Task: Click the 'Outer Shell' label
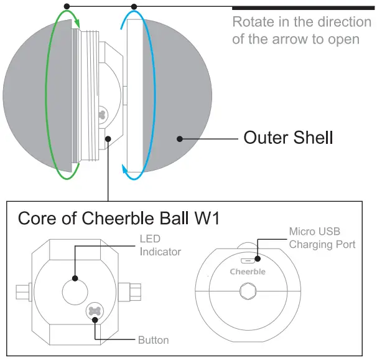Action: click(x=288, y=137)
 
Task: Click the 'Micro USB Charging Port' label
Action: click(x=322, y=238)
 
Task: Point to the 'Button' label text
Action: click(x=153, y=340)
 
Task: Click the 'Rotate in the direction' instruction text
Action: click(x=302, y=22)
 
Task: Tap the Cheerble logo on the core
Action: click(x=248, y=272)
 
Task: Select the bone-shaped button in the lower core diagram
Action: click(x=95, y=311)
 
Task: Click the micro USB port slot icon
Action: click(x=247, y=261)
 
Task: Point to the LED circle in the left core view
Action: click(x=76, y=290)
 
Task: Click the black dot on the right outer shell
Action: click(x=179, y=138)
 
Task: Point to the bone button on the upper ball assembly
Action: click(x=103, y=115)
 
